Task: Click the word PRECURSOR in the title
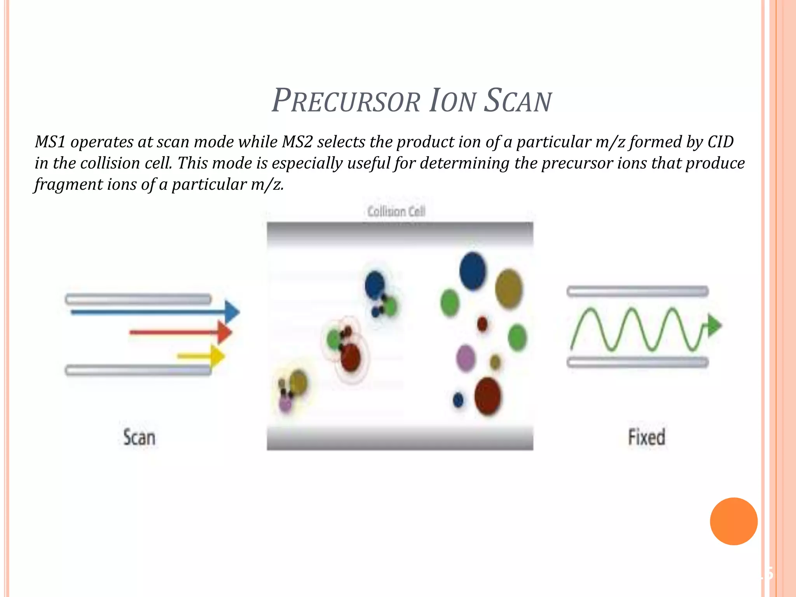click(346, 101)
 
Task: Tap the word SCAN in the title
click(518, 101)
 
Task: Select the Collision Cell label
click(396, 212)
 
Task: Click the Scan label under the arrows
click(139, 437)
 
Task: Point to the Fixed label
click(647, 437)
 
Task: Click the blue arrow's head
click(232, 312)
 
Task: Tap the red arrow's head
click(224, 332)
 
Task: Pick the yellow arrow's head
click(217, 356)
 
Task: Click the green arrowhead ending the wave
click(714, 325)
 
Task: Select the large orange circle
click(733, 521)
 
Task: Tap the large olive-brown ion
click(509, 288)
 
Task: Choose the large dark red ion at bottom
click(488, 396)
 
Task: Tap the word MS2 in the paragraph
click(297, 142)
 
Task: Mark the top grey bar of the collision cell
click(400, 233)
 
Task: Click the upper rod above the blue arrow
click(138, 299)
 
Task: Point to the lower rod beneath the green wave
click(637, 362)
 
